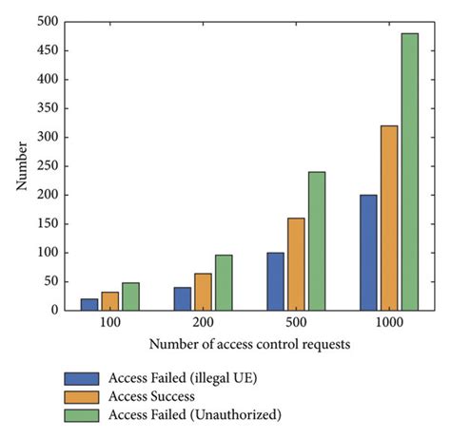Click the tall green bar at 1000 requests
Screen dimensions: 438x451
point(410,172)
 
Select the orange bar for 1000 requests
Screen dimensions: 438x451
point(390,218)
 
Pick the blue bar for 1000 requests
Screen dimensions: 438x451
point(369,253)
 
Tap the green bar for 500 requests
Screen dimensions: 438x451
point(316,241)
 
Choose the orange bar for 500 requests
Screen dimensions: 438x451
point(296,264)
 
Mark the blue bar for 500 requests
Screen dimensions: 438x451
point(276,281)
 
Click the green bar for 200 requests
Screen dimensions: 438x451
point(224,282)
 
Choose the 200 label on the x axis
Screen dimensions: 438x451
point(203,324)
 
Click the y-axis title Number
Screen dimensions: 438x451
point(21,165)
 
